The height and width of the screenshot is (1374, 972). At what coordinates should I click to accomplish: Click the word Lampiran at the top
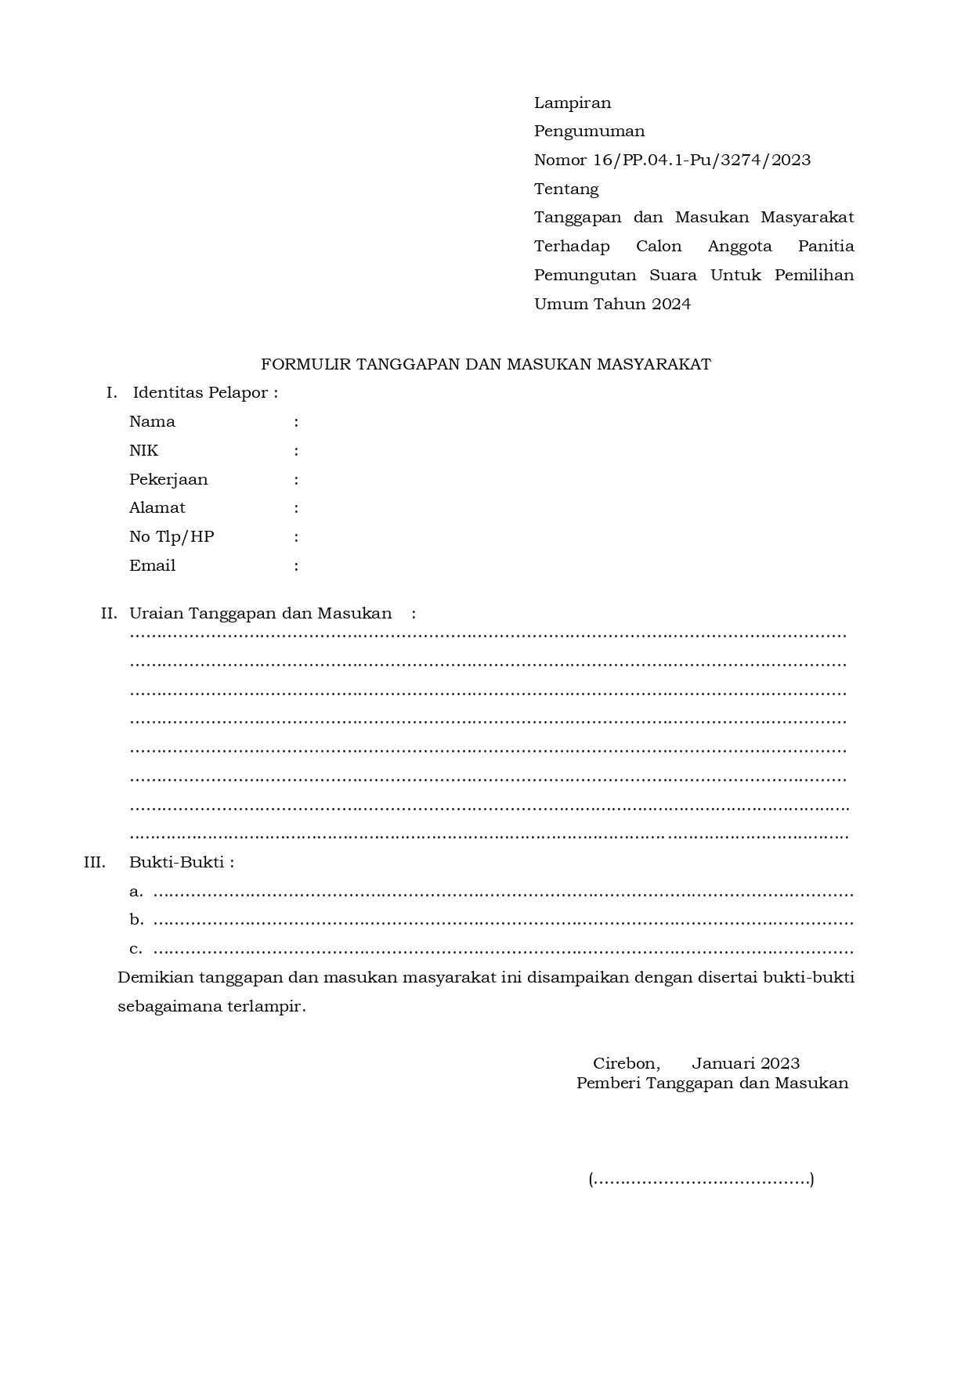[x=572, y=103]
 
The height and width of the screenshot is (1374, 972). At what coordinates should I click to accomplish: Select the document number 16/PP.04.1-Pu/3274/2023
[x=702, y=160]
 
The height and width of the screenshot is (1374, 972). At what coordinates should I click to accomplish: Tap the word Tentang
[x=566, y=189]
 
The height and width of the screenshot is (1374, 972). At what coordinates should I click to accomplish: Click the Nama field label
[x=152, y=422]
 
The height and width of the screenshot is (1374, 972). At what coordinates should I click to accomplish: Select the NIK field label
[x=143, y=450]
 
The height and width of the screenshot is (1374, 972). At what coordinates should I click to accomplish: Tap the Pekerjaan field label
[x=168, y=479]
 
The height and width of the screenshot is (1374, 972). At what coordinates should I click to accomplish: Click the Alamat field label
[x=157, y=508]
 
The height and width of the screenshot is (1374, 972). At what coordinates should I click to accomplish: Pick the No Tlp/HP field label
[x=172, y=537]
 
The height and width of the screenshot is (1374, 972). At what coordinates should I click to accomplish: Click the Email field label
[x=152, y=565]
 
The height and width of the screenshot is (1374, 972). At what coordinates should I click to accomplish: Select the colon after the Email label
[x=296, y=566]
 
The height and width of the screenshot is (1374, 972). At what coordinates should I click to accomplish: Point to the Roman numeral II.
[x=109, y=614]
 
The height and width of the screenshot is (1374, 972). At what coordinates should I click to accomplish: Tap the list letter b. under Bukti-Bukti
[x=136, y=920]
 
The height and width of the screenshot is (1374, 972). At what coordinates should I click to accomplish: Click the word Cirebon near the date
[x=626, y=1063]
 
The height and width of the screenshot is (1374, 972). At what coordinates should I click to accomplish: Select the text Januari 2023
[x=746, y=1063]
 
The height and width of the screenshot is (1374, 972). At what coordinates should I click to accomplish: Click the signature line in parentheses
[x=701, y=1179]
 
